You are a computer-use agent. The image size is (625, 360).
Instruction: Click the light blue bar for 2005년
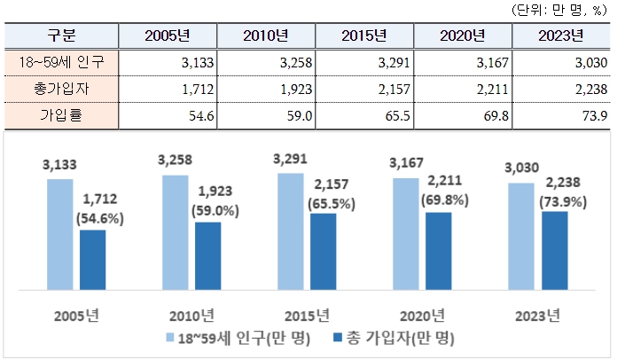point(59,234)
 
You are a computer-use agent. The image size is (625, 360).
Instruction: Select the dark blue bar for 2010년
point(207,255)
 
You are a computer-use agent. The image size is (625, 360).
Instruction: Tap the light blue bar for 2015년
point(290,231)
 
